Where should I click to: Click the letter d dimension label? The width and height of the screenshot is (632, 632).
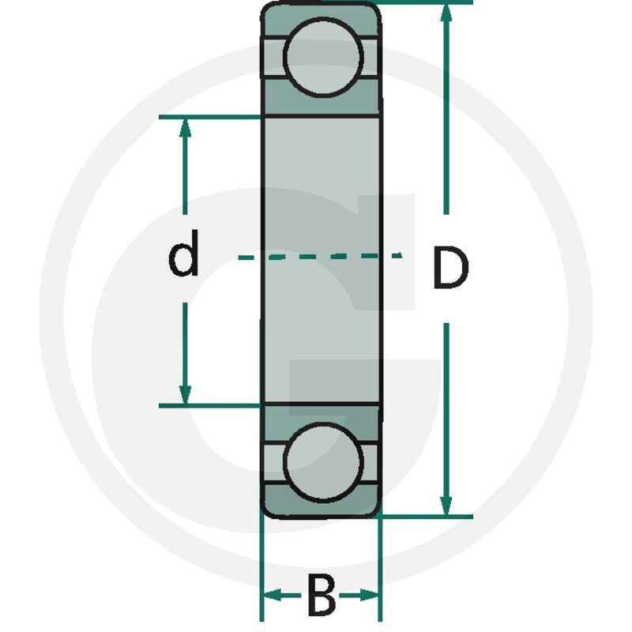pyautogui.click(x=184, y=253)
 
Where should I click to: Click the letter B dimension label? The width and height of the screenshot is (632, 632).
pyautogui.click(x=322, y=595)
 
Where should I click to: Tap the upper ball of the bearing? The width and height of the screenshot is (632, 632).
pyautogui.click(x=323, y=57)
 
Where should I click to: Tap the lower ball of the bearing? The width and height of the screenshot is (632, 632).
pyautogui.click(x=323, y=462)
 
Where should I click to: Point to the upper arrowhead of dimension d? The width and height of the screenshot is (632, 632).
pyautogui.click(x=185, y=129)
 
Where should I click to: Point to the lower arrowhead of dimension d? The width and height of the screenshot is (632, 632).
pyautogui.click(x=185, y=393)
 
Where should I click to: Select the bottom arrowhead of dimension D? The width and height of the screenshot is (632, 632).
pyautogui.click(x=446, y=504)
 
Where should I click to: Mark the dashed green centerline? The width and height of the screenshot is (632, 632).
pyautogui.click(x=321, y=256)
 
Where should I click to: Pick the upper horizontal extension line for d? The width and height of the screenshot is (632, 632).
pyautogui.click(x=210, y=117)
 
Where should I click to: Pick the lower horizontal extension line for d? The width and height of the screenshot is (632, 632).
pyautogui.click(x=210, y=405)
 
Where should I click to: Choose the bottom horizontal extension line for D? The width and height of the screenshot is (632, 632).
pyautogui.click(x=425, y=517)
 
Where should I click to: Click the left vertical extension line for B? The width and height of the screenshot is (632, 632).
pyautogui.click(x=262, y=569)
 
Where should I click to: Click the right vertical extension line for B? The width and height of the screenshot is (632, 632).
pyautogui.click(x=380, y=569)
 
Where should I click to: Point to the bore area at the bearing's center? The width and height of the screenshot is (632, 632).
pyautogui.click(x=322, y=260)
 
